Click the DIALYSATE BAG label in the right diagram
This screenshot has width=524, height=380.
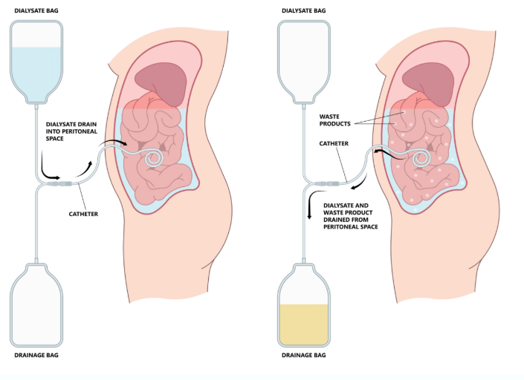tap(304, 10)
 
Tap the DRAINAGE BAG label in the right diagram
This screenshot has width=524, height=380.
tap(303, 356)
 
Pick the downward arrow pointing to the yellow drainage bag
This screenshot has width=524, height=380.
tap(309, 210)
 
